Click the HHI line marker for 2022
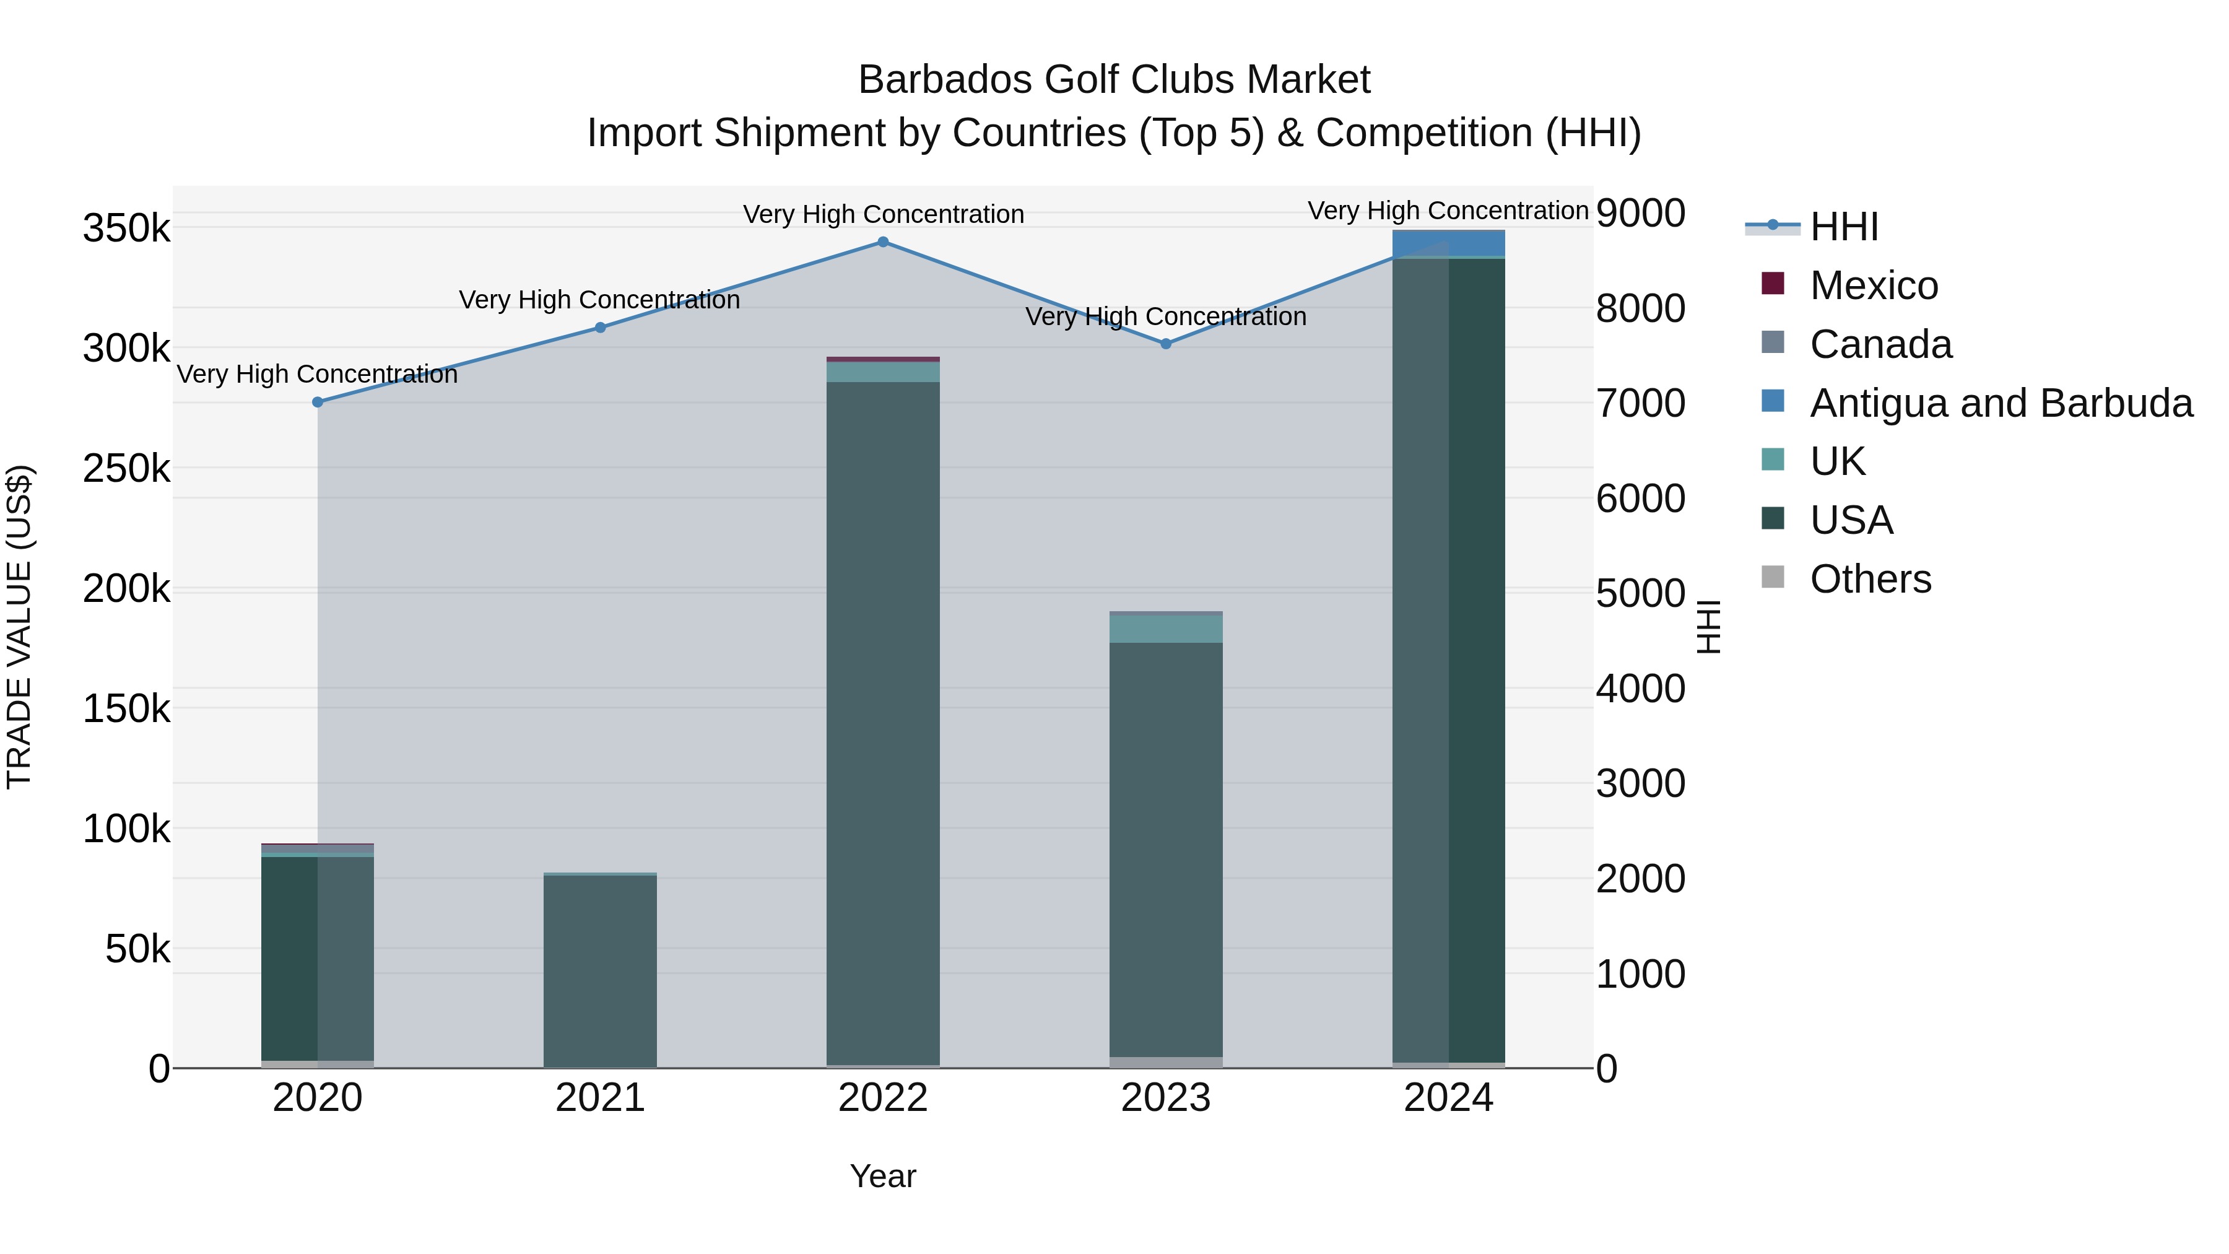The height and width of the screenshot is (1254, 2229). coord(882,242)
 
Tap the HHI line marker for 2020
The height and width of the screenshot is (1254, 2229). coord(318,403)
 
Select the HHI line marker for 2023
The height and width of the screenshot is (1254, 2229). coord(1165,344)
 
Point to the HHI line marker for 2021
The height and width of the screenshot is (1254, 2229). coord(601,328)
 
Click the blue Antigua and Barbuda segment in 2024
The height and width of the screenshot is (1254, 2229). coord(1448,244)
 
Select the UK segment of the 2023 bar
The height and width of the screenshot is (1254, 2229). coord(1165,629)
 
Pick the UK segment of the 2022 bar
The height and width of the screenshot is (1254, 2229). coord(882,372)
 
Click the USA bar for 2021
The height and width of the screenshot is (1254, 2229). coord(601,969)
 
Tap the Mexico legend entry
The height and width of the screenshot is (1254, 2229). coord(1874,285)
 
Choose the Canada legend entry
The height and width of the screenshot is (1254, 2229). coord(1880,344)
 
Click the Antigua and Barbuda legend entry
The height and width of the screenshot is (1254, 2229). coord(2001,403)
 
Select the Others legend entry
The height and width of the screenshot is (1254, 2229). coord(1870,579)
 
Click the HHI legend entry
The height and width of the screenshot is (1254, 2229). coord(1843,227)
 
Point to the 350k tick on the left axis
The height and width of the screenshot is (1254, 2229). coord(126,229)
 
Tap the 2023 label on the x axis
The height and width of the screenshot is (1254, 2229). coord(1165,1098)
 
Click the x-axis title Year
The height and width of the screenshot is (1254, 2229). coord(882,1176)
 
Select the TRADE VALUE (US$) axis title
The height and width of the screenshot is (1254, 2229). coord(19,627)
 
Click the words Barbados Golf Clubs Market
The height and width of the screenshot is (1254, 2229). coord(1114,80)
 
